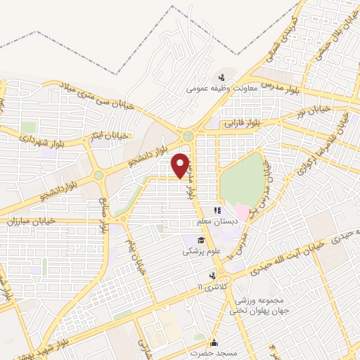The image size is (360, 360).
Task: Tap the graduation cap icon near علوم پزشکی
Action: (x=188, y=240)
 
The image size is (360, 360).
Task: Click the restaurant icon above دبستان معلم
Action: (x=218, y=210)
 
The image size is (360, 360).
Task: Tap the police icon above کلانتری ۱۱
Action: (x=212, y=275)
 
